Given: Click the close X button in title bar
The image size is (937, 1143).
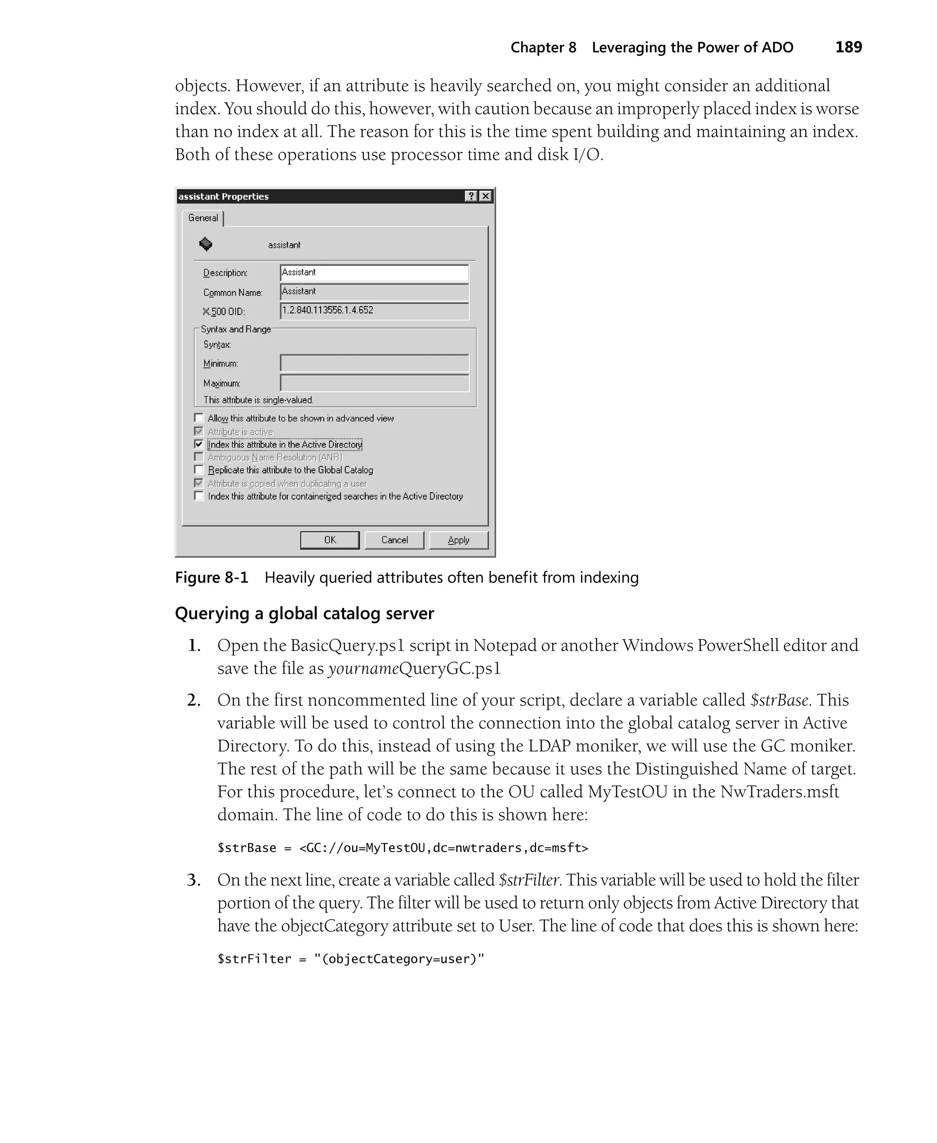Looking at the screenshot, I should coord(486,196).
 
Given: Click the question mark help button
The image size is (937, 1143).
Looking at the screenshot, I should coord(471,196).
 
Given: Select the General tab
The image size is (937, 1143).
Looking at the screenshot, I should coord(203,218).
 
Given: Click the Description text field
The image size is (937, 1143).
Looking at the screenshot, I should coord(374,273).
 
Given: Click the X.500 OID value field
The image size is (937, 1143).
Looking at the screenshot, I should coord(374,311).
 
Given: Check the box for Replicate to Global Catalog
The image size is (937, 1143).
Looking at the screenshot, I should coord(199,469).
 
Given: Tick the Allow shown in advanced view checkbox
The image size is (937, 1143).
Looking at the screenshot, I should coord(199,418).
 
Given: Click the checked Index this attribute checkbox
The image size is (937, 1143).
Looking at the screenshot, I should coord(199,444).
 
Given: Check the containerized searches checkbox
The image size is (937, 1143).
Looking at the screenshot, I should coord(199,496).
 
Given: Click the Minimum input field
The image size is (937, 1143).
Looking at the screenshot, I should coord(374,363).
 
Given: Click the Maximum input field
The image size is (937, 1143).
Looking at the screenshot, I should coord(374,383).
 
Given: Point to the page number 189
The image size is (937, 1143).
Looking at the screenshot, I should coord(849,48).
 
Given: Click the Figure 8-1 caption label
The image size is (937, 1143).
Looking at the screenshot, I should coord(211,577).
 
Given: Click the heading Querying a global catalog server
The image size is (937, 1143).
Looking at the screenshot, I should coord(304,614).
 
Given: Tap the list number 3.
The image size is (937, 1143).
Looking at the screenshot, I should coord(194,880).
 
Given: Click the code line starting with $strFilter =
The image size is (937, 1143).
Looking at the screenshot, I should coord(351,959).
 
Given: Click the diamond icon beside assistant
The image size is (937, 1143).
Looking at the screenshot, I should coord(205,244).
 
